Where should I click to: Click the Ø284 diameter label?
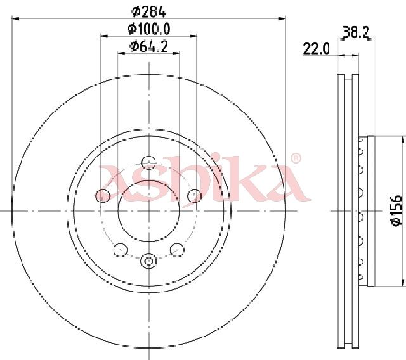148,11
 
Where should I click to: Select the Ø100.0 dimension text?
149,29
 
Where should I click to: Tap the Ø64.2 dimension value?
149,46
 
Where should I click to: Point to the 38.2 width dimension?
355,32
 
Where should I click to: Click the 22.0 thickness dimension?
316,49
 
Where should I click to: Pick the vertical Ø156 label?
396,211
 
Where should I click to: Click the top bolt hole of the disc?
149,163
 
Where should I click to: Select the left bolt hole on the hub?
103,196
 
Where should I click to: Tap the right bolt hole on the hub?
195,196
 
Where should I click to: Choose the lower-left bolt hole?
121,250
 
